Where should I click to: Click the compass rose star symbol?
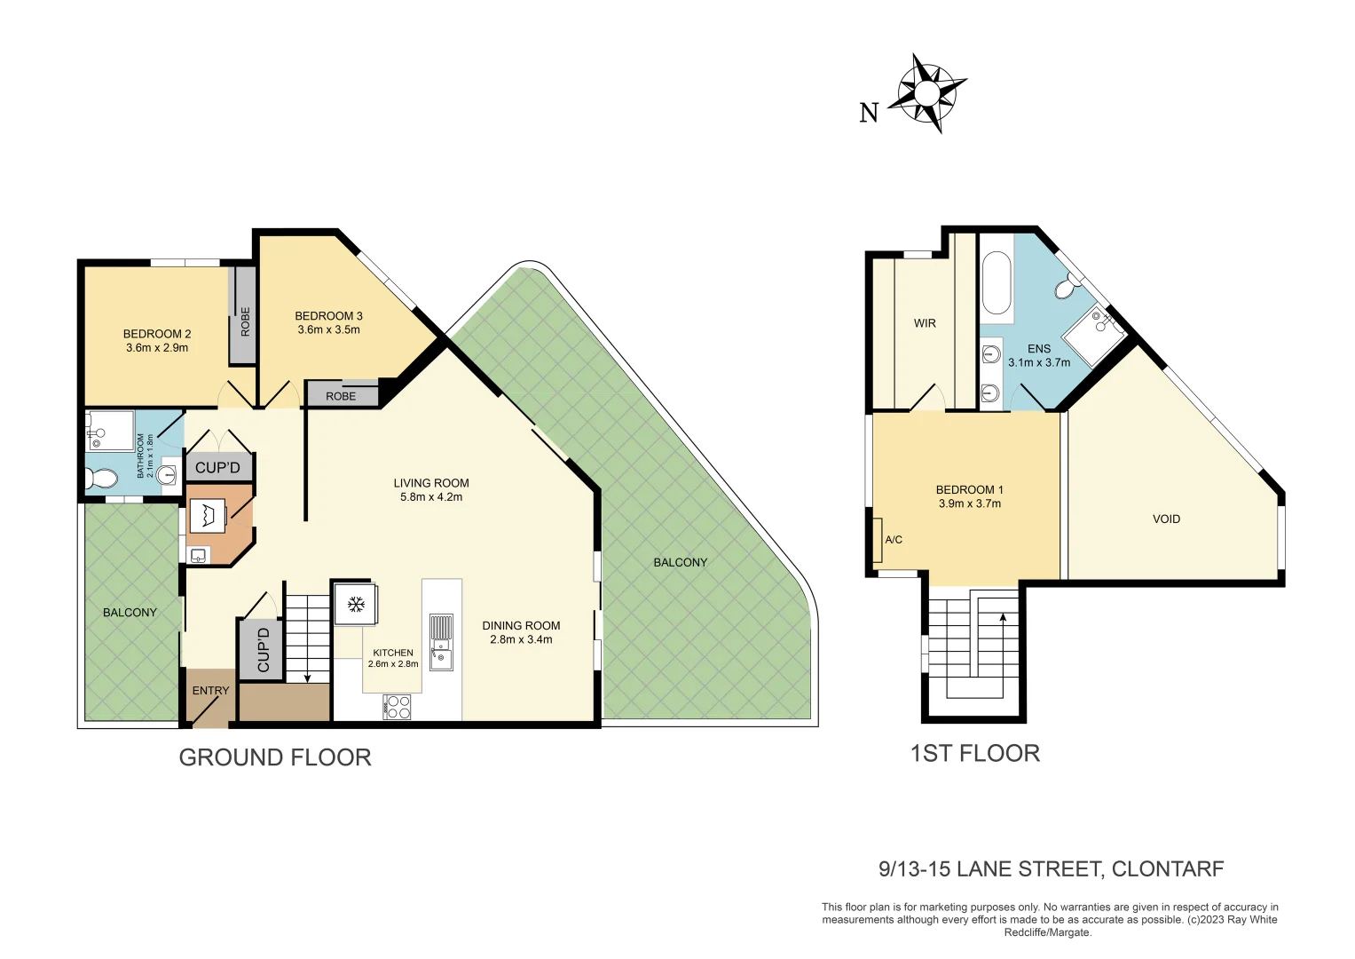point(926,93)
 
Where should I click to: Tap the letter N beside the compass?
point(869,113)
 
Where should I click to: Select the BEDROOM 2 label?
point(157,334)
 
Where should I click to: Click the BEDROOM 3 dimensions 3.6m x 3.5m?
point(328,329)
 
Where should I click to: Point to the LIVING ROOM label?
point(431,483)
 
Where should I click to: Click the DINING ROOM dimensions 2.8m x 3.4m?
point(521,639)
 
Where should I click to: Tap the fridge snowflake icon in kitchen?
point(356,605)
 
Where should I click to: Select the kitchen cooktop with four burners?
point(398,707)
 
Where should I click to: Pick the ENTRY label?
point(210,690)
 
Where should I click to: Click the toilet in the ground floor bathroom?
point(101,479)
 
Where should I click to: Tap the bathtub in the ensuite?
point(997,283)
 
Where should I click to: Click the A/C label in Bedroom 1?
point(893,540)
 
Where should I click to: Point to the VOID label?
point(1166,519)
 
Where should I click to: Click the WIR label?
point(925,323)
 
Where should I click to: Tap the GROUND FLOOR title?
point(275,757)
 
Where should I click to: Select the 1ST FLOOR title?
point(974,753)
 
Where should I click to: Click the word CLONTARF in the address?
point(1167,868)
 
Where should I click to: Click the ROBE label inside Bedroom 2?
point(245,321)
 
